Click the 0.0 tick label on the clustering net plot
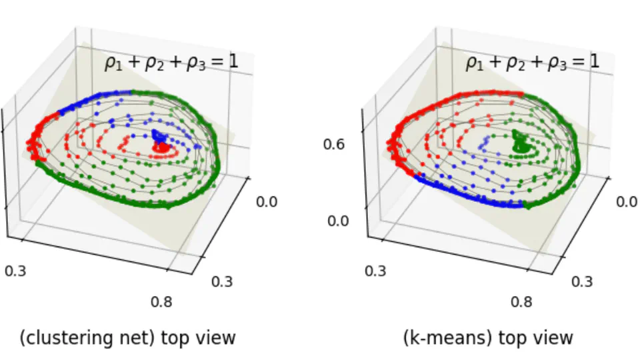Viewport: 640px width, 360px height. coord(267,201)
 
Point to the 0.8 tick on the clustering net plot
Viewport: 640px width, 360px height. coord(161,301)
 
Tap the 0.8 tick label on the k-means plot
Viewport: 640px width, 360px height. coord(521,301)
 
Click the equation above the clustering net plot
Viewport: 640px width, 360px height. coord(171,63)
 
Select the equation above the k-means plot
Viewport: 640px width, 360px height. coord(532,63)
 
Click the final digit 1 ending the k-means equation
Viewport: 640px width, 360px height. coord(595,62)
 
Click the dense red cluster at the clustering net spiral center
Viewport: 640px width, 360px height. coord(162,148)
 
